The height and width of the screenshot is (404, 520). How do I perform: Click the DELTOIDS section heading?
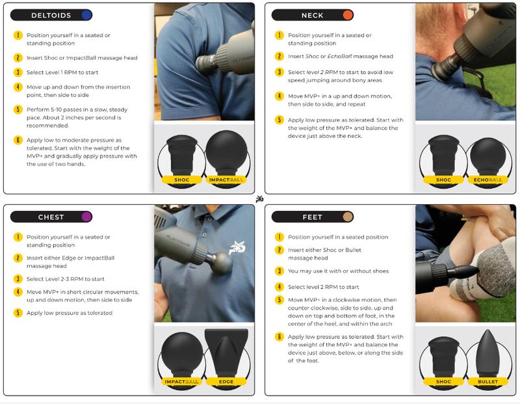point(51,15)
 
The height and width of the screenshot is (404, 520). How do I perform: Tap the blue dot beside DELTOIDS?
point(86,15)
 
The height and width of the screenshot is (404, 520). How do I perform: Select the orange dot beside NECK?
point(348,15)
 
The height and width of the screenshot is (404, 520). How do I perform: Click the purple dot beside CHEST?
point(86,217)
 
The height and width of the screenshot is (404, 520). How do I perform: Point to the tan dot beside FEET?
point(348,217)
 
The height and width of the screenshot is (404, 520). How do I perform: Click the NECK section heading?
point(312,15)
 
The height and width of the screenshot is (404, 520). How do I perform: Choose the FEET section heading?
point(312,217)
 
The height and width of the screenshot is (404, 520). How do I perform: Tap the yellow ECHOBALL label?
point(487,180)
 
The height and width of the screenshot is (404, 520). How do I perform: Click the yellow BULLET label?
point(487,382)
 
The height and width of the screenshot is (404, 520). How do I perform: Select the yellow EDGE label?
point(226,382)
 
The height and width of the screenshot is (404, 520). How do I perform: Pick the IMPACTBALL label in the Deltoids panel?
point(226,180)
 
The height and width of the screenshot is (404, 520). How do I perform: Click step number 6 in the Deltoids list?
point(18,140)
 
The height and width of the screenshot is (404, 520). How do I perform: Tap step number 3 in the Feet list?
point(279,271)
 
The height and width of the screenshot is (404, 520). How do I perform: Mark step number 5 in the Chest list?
point(18,313)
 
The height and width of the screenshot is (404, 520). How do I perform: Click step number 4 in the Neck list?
point(279,96)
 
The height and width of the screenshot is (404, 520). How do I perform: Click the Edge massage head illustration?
point(226,353)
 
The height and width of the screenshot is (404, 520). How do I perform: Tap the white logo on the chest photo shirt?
point(237,248)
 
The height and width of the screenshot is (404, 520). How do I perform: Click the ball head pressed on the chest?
point(222,263)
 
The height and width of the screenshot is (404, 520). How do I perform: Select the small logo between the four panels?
point(259,199)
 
